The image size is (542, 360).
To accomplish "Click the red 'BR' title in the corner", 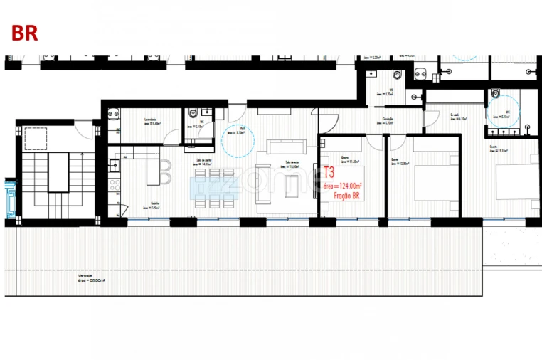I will coord(24,33).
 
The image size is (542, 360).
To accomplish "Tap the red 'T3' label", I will coord(329,172).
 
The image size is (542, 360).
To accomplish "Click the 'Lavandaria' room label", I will coord(149,120).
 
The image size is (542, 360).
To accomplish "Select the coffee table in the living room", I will coord(289,186).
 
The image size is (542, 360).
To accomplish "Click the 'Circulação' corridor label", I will coord(388,120).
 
